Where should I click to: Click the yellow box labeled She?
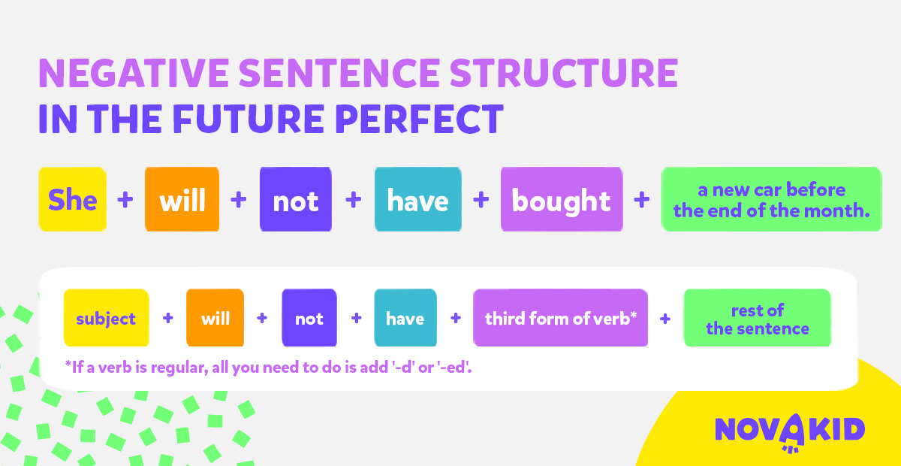tap(72, 199)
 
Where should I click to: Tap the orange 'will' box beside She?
tap(182, 199)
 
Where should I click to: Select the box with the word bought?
tap(562, 199)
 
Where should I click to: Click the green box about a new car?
tap(771, 199)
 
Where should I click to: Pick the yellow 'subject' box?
tap(106, 317)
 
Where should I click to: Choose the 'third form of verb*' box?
tap(560, 317)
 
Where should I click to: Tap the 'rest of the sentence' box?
tap(757, 317)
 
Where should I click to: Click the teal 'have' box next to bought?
tap(418, 199)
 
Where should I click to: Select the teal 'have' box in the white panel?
tap(405, 317)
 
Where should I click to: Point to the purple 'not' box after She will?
tap(296, 199)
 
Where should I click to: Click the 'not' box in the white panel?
tap(309, 317)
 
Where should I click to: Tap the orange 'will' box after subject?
tap(215, 317)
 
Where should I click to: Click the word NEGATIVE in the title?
tap(134, 73)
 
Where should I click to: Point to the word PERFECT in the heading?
tap(419, 119)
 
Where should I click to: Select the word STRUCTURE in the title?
tap(564, 73)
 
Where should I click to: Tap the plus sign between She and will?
tap(125, 199)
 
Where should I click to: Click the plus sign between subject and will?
tap(168, 318)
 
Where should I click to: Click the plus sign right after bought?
tap(641, 199)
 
